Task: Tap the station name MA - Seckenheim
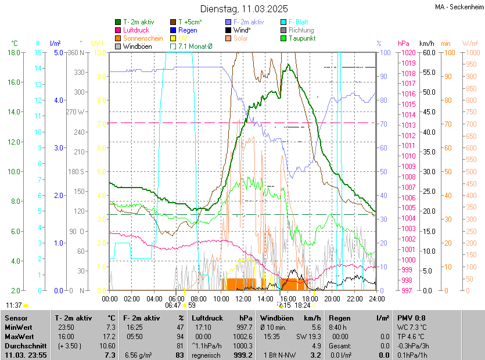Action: click(459, 7)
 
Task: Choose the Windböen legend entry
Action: click(135, 46)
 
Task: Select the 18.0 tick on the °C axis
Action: click(15, 52)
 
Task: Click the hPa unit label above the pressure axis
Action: click(404, 44)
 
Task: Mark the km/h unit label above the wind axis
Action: click(426, 44)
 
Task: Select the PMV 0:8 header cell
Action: click(412, 318)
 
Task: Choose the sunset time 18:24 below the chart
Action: click(302, 305)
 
